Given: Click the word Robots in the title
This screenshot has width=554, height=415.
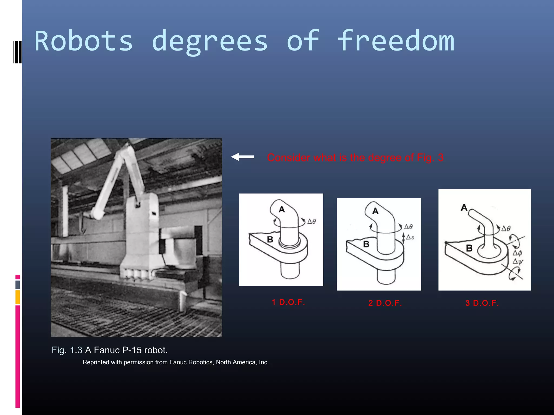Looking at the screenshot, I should click(84, 41).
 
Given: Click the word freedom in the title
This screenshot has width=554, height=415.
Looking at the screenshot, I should click(396, 41).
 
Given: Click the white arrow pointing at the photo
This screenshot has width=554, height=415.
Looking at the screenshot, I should click(242, 157).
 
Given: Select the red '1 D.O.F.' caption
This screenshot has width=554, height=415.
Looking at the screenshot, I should click(288, 302).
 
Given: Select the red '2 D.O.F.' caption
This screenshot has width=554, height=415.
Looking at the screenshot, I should click(385, 303).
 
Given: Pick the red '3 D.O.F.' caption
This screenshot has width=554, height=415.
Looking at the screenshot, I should click(482, 303).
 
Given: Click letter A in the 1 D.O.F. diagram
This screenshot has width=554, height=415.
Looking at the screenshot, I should click(282, 209).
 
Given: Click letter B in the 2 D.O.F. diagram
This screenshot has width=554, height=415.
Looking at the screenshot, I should click(366, 244).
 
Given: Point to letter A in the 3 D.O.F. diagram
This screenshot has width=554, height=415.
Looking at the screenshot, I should click(464, 207).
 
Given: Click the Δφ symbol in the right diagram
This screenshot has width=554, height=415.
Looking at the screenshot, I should click(517, 253).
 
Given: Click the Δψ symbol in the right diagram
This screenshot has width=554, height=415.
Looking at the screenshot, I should click(518, 261).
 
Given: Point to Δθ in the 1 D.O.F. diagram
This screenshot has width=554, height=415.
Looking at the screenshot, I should click(312, 222).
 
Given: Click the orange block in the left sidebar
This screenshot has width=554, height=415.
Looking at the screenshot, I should click(18, 297).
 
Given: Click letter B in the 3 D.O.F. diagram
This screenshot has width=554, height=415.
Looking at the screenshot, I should click(469, 248).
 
